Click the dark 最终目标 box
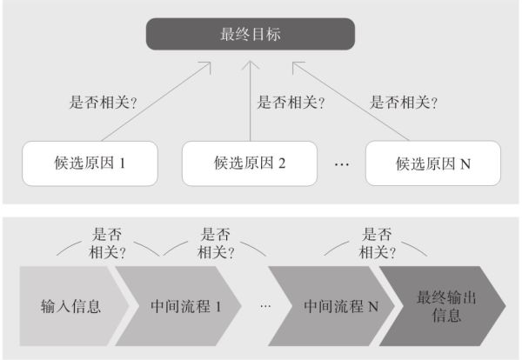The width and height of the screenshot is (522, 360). tap(251, 34)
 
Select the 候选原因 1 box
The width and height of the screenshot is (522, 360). tap(90, 163)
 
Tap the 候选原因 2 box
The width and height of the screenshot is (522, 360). tap(250, 163)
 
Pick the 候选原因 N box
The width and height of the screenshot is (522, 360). tap(433, 163)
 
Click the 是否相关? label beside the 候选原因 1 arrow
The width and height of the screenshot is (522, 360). tap(103, 102)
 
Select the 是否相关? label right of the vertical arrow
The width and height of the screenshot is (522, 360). tap(291, 102)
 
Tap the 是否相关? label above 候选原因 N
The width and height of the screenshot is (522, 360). tap(404, 102)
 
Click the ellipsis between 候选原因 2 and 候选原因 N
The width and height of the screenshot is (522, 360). tap(342, 164)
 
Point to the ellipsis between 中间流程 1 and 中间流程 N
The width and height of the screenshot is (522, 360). tap(265, 306)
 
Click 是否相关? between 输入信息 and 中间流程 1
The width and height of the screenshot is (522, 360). tap(107, 243)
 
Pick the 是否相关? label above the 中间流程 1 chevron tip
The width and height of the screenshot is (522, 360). tap(216, 243)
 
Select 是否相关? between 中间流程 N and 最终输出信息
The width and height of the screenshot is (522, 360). tap(378, 243)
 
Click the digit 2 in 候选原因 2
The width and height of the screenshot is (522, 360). tap(282, 163)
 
